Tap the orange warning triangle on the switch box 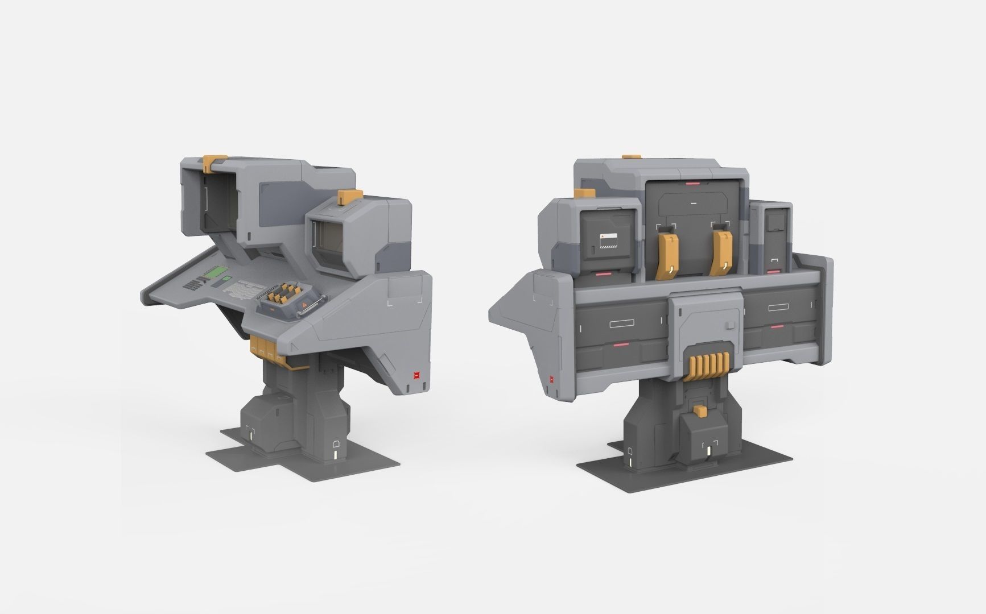click(x=306, y=308)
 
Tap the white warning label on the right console click(x=608, y=238)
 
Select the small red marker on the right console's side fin click(x=550, y=379)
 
